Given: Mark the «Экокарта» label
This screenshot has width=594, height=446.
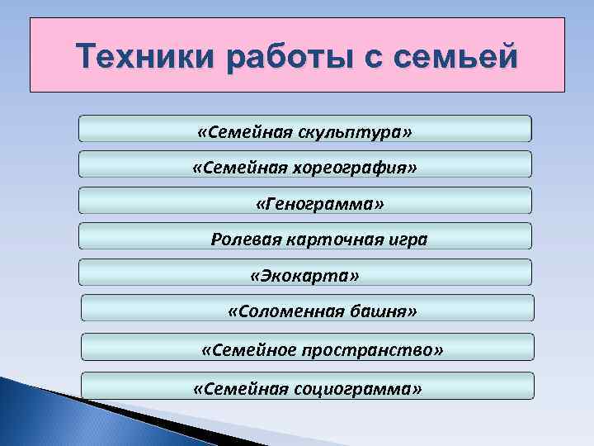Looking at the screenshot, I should point(304,274).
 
